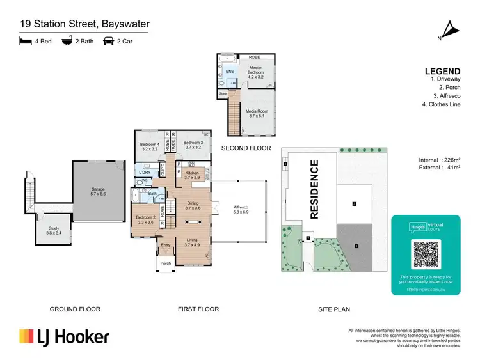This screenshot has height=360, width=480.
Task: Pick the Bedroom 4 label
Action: (x=148, y=147)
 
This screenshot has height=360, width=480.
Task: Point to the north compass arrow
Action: (x=452, y=29)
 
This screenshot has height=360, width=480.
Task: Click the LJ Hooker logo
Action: (x=64, y=337)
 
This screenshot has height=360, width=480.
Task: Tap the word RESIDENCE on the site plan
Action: (x=314, y=189)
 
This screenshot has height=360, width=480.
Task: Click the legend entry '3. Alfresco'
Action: (x=442, y=95)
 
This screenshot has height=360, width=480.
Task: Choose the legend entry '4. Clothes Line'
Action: (x=442, y=104)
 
